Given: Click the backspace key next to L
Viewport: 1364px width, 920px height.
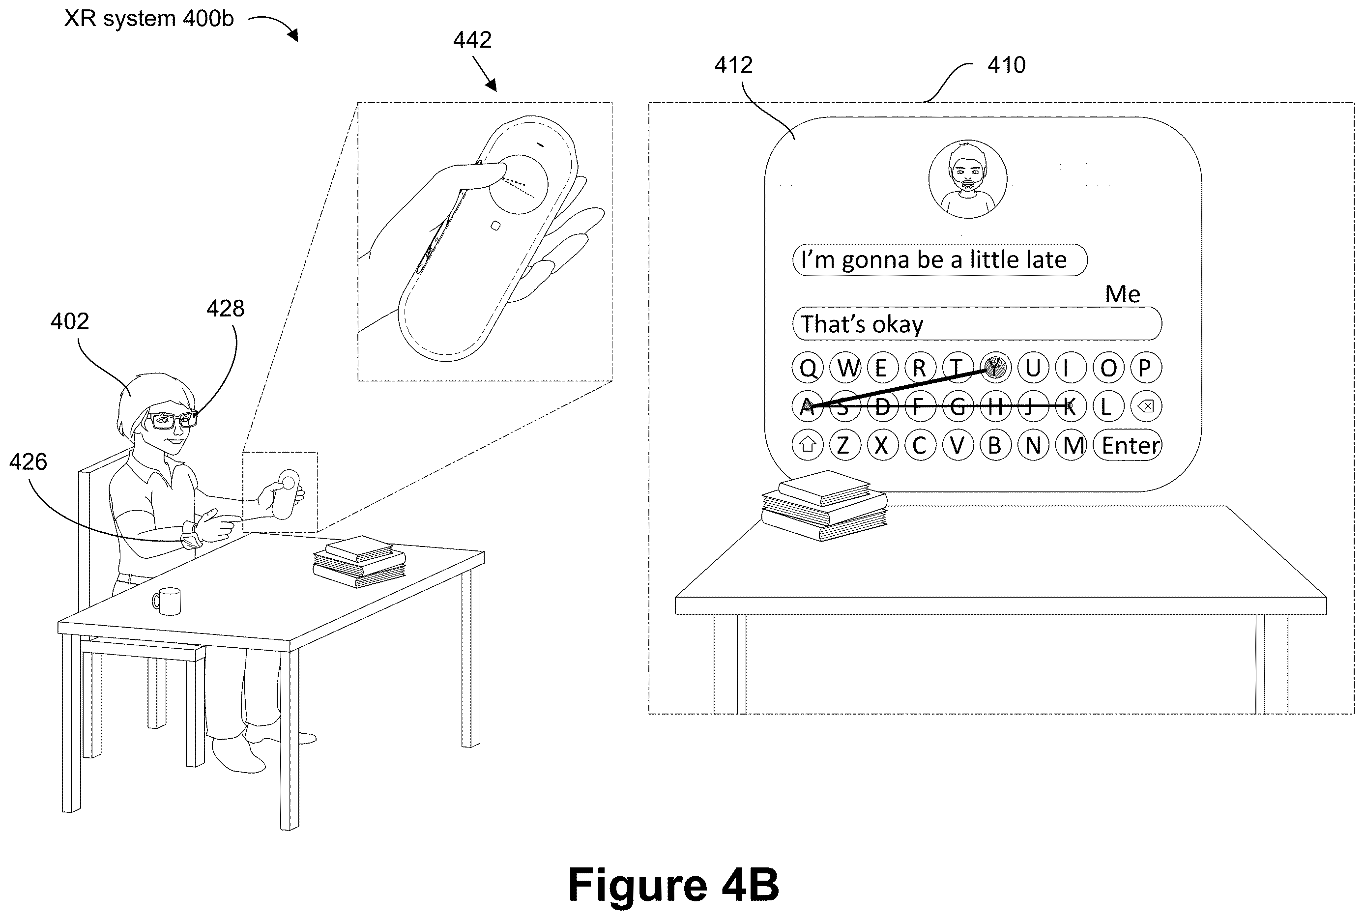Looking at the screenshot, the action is click(x=1145, y=406).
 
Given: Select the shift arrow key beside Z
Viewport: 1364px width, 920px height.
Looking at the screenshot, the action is click(x=807, y=445).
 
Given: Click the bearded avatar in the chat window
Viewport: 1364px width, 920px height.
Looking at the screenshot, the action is click(x=967, y=179).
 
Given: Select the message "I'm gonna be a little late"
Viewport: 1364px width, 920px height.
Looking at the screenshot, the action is click(x=939, y=260).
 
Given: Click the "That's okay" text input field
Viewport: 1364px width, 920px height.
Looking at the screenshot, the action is click(x=977, y=324).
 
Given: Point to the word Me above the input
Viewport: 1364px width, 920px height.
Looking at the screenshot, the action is click(x=1122, y=294).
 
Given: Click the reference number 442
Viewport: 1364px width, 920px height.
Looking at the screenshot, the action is click(x=472, y=40).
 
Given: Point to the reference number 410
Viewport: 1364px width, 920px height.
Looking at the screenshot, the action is click(x=1006, y=65).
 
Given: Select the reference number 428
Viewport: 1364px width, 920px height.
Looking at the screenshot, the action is click(x=225, y=309).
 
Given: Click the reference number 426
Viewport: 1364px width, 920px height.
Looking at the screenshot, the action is click(x=28, y=462).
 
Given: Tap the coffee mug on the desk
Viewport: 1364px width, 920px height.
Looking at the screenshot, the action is click(x=167, y=601).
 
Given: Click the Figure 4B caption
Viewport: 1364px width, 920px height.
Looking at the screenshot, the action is click(x=673, y=885).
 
